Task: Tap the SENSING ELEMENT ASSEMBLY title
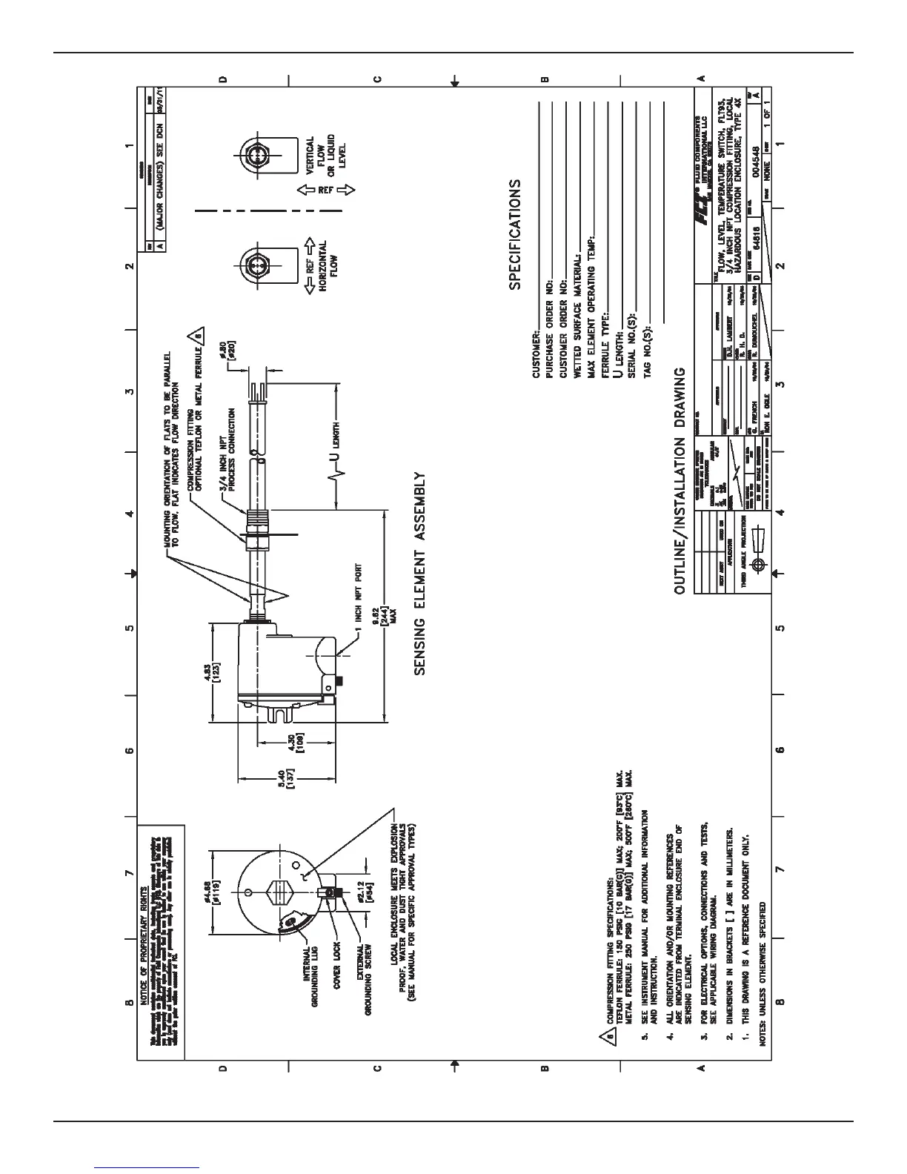420,574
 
